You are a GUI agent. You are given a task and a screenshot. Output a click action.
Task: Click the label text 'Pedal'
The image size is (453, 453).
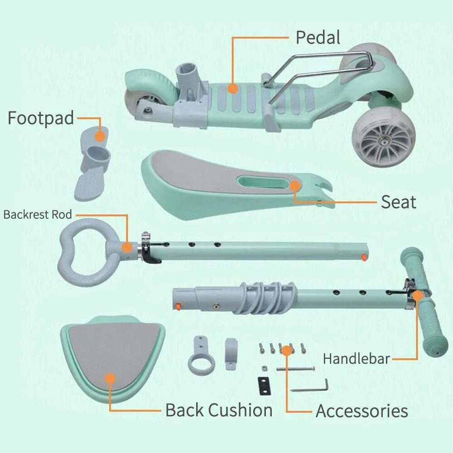(x=318, y=38)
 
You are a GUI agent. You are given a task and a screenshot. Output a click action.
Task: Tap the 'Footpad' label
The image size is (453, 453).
(x=40, y=118)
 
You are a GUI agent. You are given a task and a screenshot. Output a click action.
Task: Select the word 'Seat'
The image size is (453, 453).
(x=398, y=202)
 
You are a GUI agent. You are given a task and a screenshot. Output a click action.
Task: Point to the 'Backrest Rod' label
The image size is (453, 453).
(x=38, y=214)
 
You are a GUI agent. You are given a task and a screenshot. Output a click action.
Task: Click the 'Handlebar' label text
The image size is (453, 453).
(x=356, y=359)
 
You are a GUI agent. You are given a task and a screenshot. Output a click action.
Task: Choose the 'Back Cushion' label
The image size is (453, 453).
(x=219, y=410)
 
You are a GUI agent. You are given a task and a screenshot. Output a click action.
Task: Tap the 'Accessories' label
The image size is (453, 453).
(x=361, y=411)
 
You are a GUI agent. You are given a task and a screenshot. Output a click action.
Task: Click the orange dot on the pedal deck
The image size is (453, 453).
(x=232, y=88)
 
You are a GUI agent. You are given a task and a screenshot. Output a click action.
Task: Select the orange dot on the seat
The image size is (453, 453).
(x=295, y=186)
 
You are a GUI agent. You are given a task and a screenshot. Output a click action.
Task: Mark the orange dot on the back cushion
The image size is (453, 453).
(x=110, y=378)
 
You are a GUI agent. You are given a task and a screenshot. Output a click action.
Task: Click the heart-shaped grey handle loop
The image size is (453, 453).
(x=84, y=252)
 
